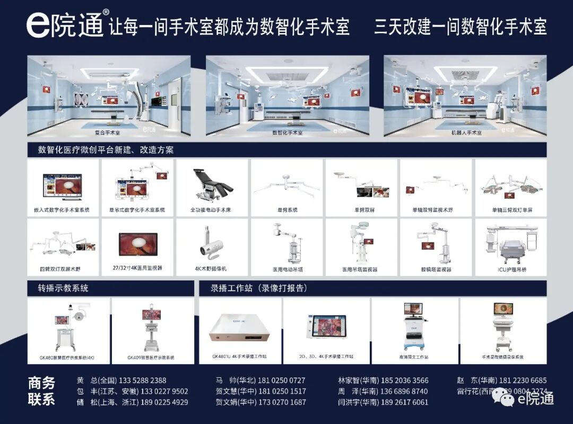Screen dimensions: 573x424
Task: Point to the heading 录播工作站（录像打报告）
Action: click(x=259, y=288)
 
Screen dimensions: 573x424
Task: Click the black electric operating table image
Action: click(x=212, y=183)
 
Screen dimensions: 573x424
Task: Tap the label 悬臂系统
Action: click(x=287, y=210)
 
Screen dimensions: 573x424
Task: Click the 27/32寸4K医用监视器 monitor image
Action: click(x=137, y=245)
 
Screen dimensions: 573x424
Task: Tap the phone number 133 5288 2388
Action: click(x=143, y=381)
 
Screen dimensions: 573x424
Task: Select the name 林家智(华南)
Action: click(x=357, y=381)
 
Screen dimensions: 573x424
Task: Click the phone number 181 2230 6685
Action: click(x=523, y=381)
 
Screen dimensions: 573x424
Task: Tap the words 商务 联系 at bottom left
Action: click(x=41, y=391)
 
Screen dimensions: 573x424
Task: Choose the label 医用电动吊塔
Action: click(x=287, y=269)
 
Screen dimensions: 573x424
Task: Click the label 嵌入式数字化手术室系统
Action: click(x=62, y=210)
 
